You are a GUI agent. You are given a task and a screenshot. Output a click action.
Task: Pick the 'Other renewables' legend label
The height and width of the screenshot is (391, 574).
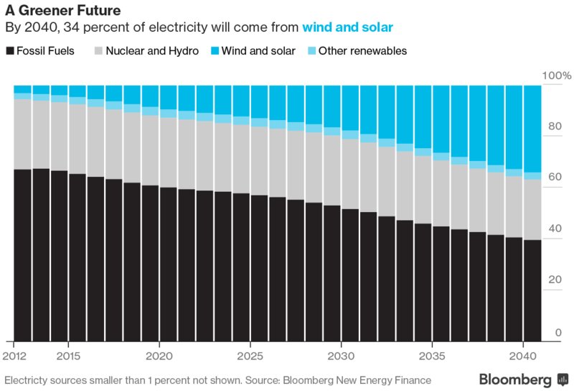pos(362,51)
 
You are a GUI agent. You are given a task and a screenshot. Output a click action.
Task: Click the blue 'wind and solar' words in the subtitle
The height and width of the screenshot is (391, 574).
pos(347,29)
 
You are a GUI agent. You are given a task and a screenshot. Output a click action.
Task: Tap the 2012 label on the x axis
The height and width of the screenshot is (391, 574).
pos(15,356)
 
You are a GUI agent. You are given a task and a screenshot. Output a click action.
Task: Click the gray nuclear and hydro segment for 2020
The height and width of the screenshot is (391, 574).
pos(150,150)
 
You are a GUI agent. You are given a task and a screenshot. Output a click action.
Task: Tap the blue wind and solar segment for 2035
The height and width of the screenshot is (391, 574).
pos(441,118)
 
